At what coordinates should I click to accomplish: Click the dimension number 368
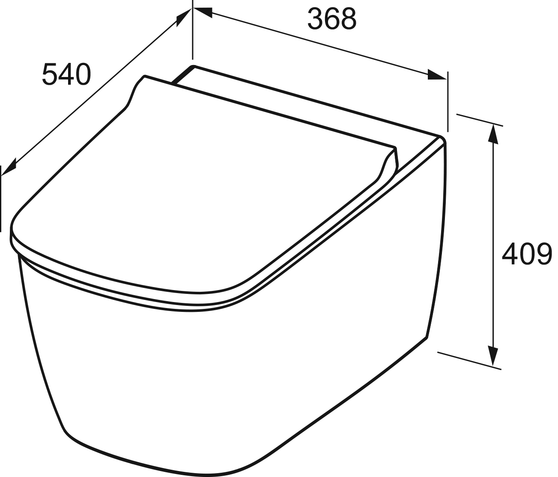click(x=332, y=19)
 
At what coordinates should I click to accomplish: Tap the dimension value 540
click(x=66, y=74)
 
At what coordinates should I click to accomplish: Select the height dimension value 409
click(x=527, y=254)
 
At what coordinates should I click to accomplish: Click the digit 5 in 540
click(x=50, y=74)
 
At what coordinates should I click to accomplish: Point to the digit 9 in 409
click(x=544, y=254)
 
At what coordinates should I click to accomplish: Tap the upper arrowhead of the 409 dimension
click(x=493, y=134)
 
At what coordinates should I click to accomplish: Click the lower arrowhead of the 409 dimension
click(x=493, y=356)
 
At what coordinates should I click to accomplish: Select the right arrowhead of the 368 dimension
click(x=436, y=75)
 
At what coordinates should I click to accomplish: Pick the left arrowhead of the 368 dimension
click(x=203, y=12)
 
